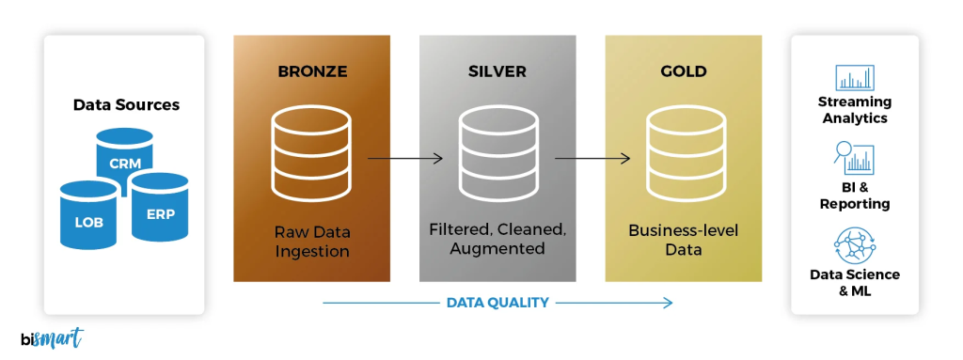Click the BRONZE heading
pyautogui.click(x=312, y=71)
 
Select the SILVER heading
pyautogui.click(x=497, y=71)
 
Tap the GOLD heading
pyautogui.click(x=684, y=71)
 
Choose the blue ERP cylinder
pyautogui.click(x=160, y=207)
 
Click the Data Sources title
pyautogui.click(x=127, y=105)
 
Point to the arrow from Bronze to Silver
pyautogui.click(x=405, y=159)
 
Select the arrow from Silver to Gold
pyautogui.click(x=592, y=159)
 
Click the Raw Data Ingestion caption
pyautogui.click(x=312, y=242)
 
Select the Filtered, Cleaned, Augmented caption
pyautogui.click(x=497, y=240)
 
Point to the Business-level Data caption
pyautogui.click(x=683, y=241)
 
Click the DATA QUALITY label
pyautogui.click(x=497, y=303)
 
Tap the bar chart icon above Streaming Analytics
pyautogui.click(x=855, y=77)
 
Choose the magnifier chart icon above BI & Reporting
pyautogui.click(x=854, y=158)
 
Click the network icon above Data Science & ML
pyautogui.click(x=855, y=245)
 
